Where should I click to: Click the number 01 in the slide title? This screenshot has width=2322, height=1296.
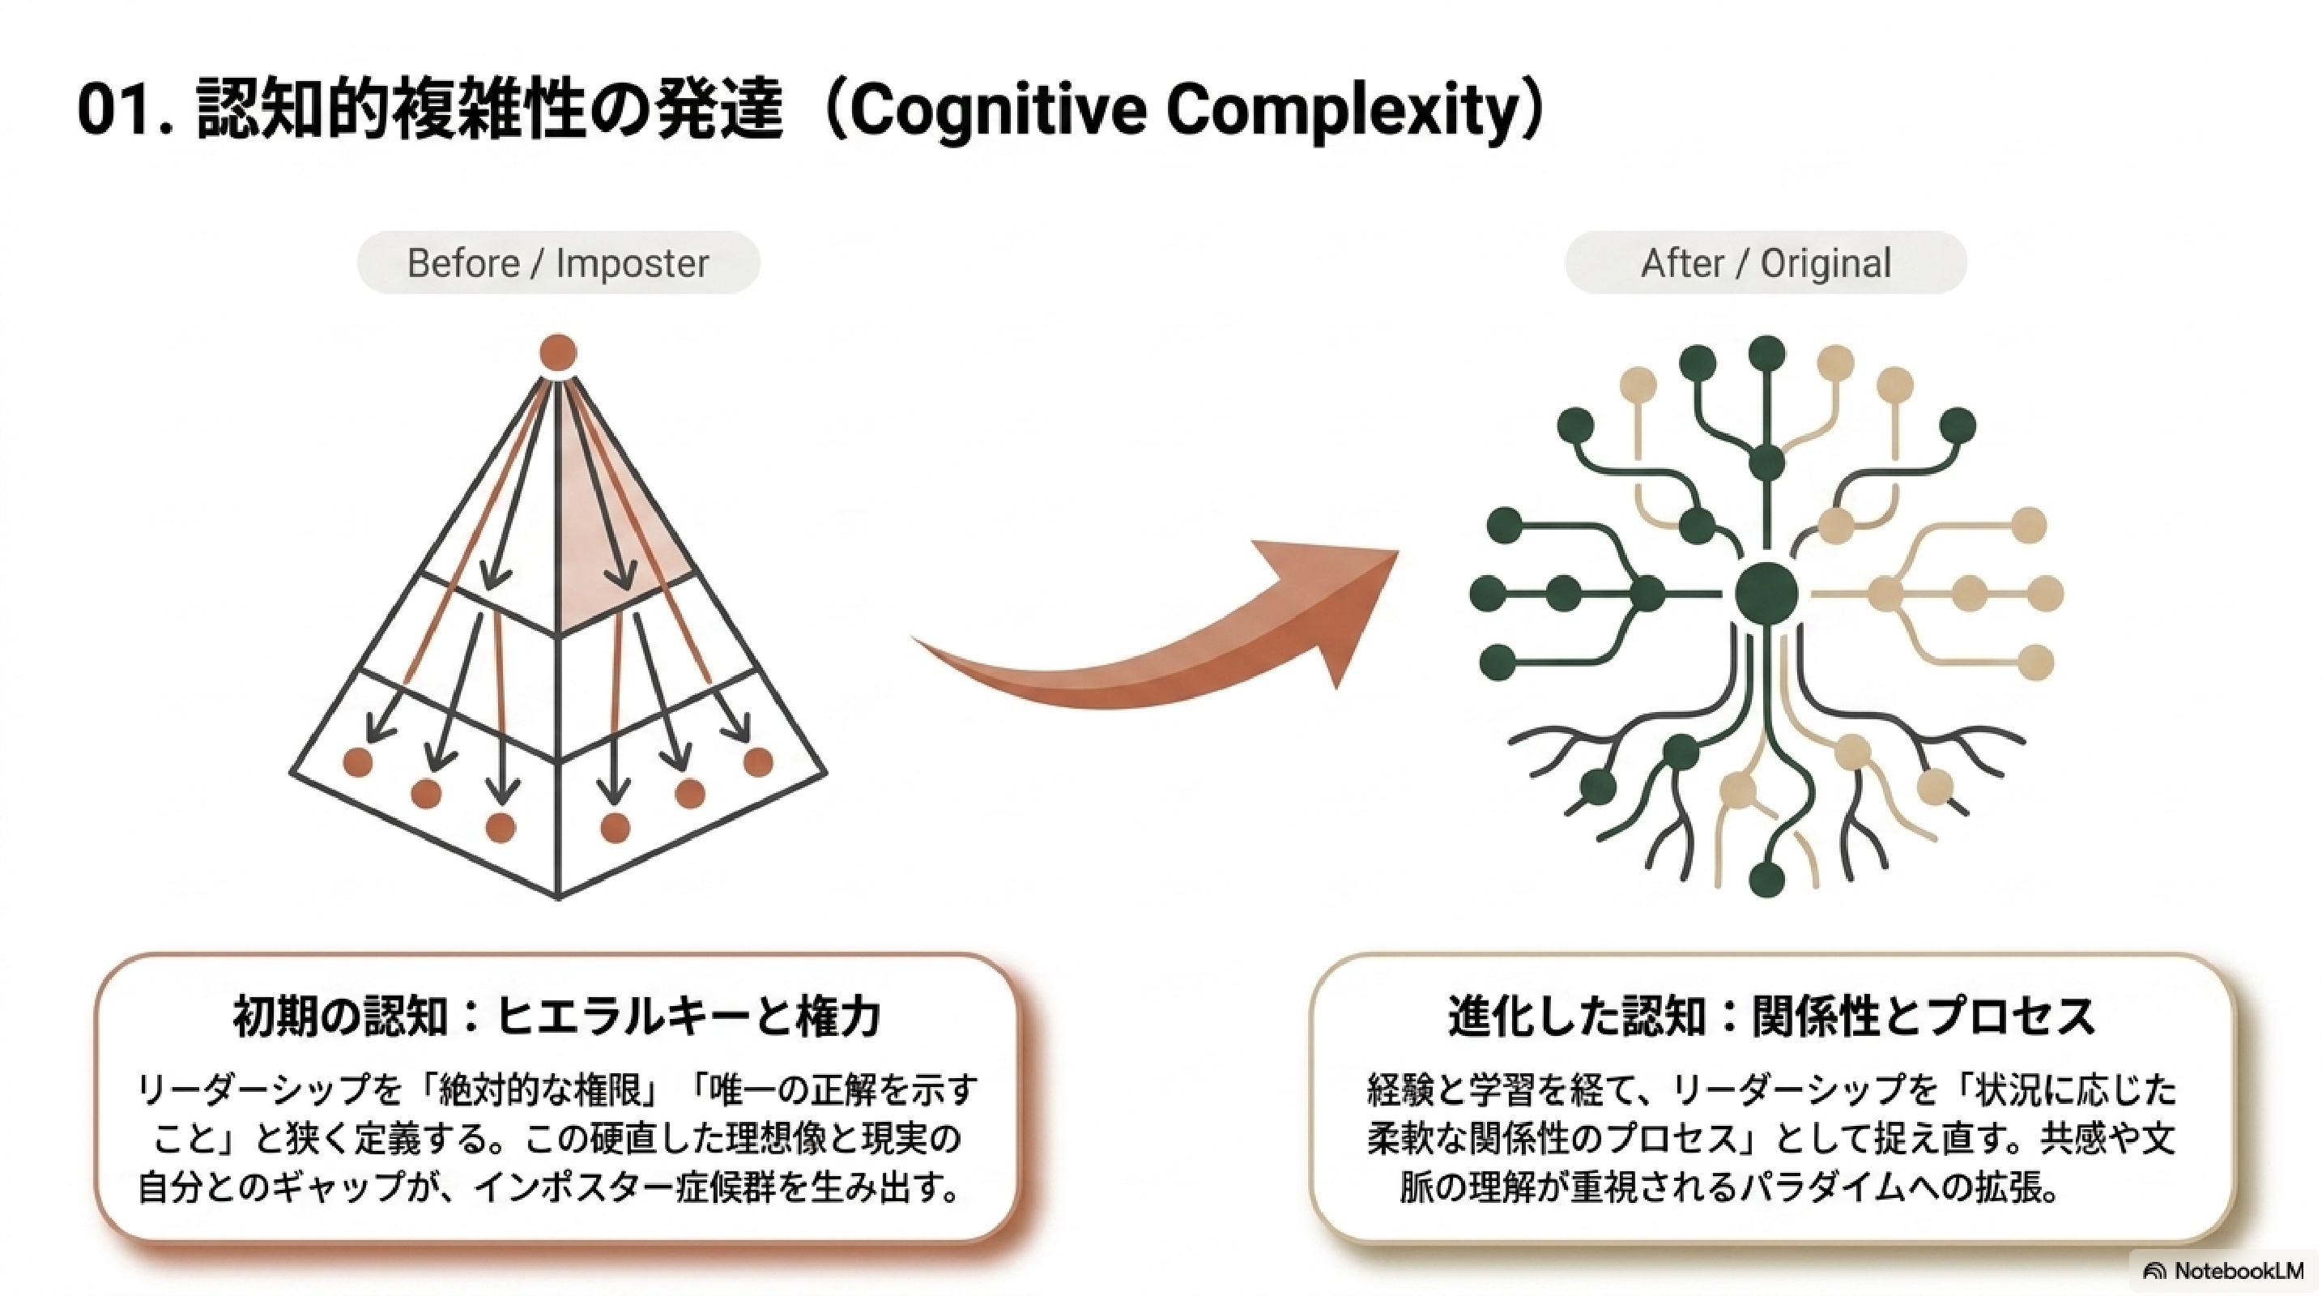(x=113, y=111)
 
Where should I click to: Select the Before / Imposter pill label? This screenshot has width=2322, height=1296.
(x=558, y=263)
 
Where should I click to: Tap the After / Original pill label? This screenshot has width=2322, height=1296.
(x=1765, y=263)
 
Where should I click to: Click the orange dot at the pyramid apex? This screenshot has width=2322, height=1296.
(x=558, y=352)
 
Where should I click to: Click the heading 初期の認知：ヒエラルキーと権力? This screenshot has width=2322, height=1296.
(x=557, y=1016)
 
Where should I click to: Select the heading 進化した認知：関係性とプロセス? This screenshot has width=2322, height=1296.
(x=1771, y=1016)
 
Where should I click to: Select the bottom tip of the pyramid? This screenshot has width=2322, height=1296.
(x=559, y=897)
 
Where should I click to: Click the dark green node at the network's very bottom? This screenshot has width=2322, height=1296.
(x=1766, y=879)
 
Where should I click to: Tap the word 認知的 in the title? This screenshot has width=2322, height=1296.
(x=292, y=111)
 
